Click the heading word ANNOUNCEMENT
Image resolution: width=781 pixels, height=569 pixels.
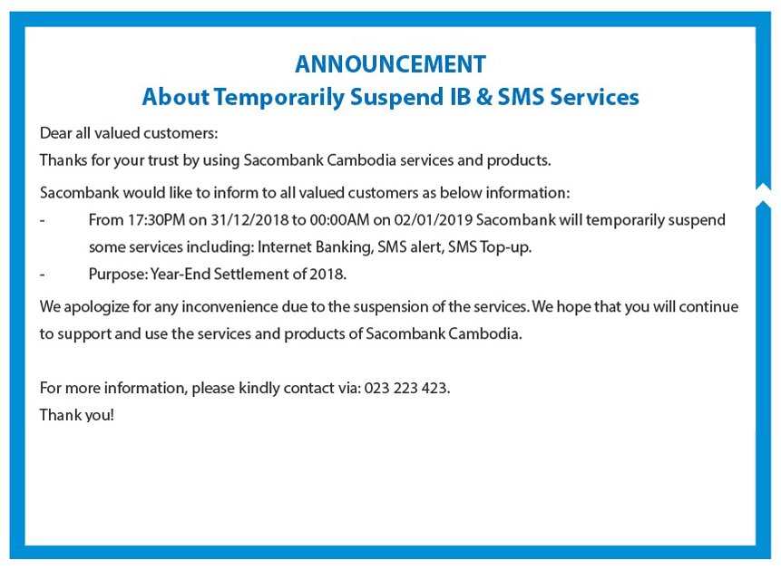pos(390,64)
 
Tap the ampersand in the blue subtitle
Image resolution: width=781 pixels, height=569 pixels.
pos(483,96)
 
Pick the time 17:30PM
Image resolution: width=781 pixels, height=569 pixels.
pos(156,220)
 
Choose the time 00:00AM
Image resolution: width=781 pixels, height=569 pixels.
pos(339,220)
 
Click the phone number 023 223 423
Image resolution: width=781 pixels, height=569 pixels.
pos(407,388)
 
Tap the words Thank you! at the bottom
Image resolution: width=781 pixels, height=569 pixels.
pos(77,415)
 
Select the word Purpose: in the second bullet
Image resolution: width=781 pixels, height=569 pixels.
pos(118,274)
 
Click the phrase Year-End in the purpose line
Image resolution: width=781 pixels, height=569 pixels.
pos(181,274)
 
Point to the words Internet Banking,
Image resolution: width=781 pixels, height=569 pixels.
pos(316,247)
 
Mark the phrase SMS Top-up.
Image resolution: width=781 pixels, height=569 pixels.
pos(490,247)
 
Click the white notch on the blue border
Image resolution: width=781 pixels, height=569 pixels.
pos(763,195)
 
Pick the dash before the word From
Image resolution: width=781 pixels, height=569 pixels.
pos(43,220)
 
